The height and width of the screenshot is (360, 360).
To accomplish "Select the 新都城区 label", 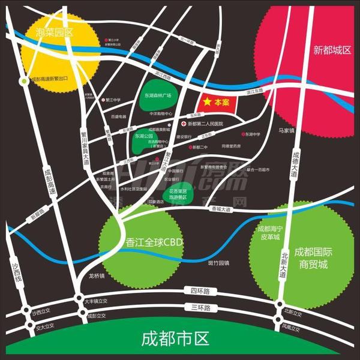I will [332, 50].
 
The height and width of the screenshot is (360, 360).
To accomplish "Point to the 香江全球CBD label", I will [154, 243].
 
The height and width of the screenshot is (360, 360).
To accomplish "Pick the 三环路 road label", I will [199, 308].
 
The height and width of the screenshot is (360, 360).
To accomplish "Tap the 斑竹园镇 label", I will [218, 263].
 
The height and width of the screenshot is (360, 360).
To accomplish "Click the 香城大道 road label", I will [221, 209].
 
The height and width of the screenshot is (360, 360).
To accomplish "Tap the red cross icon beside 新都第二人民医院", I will [184, 124].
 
